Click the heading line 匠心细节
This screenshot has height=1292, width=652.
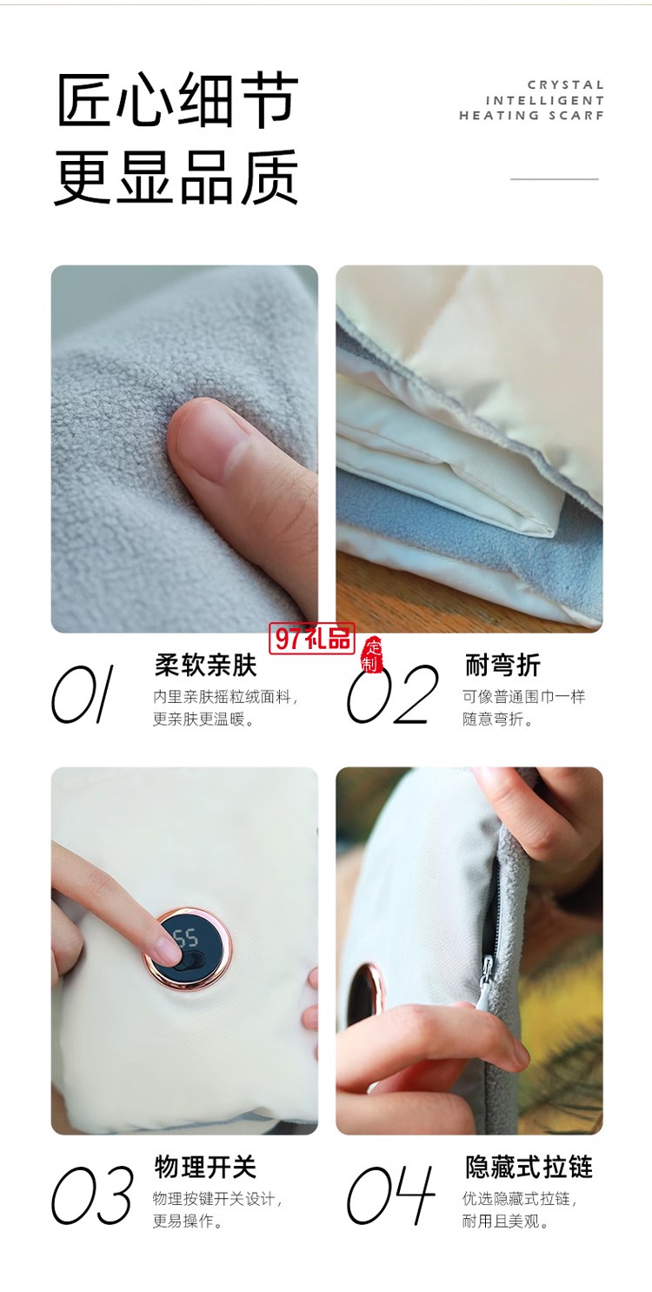[x=177, y=101]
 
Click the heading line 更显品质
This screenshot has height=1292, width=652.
[x=177, y=177]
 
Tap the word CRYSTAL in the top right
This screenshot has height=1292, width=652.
[x=565, y=85]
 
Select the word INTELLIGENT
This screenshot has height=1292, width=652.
[x=545, y=100]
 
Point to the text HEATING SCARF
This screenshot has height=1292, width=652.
[x=531, y=115]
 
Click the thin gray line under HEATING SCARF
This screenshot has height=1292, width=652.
[x=554, y=179]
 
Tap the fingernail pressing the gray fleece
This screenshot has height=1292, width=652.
[x=208, y=434]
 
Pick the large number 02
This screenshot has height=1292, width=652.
[x=392, y=695]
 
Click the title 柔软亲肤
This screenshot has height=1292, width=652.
[x=205, y=666]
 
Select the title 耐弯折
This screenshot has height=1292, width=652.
[x=502, y=666]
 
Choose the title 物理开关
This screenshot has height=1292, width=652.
[x=205, y=1167]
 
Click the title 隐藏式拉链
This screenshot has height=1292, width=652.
[x=528, y=1167]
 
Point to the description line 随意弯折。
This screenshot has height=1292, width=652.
[x=497, y=720]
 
